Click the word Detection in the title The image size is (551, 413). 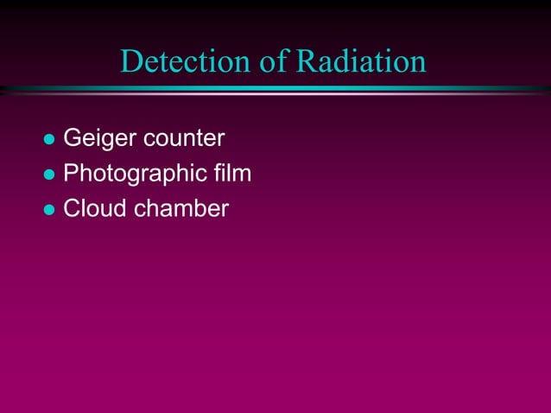coord(187,61)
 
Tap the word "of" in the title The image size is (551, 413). coord(275,61)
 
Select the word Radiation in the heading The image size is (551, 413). coord(361,61)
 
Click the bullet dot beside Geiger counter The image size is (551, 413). coord(49,139)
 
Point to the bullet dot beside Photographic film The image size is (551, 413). coord(49,175)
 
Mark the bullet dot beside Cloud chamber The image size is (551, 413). coord(49,210)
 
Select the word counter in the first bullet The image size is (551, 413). coord(184,138)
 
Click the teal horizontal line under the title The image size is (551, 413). coord(275,89)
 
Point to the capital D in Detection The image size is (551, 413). coord(131,61)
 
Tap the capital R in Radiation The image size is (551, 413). coord(306,61)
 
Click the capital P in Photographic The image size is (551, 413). coord(72,174)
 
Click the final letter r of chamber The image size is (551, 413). coord(225,210)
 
